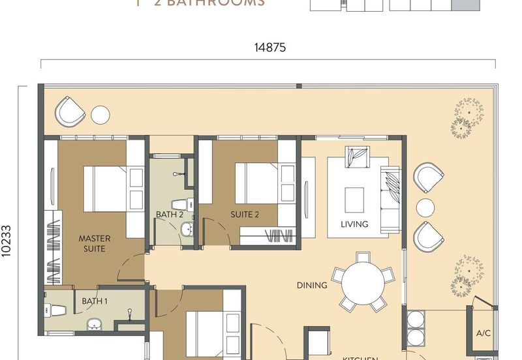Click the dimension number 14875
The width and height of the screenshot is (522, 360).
pyautogui.click(x=270, y=47)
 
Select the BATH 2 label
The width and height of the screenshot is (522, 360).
pyautogui.click(x=169, y=214)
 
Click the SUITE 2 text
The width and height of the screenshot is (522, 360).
pyautogui.click(x=245, y=214)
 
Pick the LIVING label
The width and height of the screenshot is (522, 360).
pyautogui.click(x=354, y=224)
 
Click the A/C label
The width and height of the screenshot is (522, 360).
pyautogui.click(x=483, y=333)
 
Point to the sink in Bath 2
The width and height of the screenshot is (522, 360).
pyautogui.click(x=187, y=229)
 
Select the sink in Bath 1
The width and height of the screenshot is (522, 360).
pyautogui.click(x=93, y=323)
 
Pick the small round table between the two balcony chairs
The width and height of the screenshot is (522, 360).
pyautogui.click(x=425, y=207)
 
